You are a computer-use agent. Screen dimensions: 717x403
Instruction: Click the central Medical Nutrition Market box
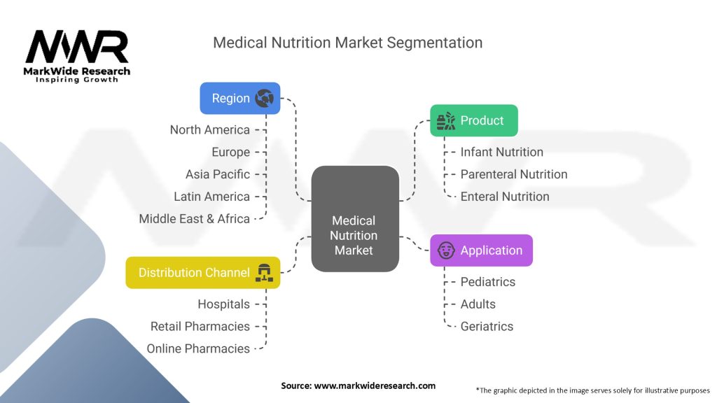(355, 219)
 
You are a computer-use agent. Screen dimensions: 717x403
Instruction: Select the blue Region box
(240, 98)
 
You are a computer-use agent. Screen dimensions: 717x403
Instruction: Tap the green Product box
(473, 120)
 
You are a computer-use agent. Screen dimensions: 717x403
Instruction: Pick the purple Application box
(481, 250)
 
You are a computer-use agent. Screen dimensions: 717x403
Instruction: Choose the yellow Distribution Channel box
(203, 272)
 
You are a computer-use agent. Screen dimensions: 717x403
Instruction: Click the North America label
(209, 130)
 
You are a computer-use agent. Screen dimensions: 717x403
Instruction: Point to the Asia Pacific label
(217, 174)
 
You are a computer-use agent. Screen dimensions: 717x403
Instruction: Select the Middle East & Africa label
(194, 219)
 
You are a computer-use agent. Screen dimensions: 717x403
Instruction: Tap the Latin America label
(211, 197)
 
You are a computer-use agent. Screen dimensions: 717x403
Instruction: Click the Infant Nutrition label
(501, 152)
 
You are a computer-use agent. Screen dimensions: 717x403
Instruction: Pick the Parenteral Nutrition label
(513, 174)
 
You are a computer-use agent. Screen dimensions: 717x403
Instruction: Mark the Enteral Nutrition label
(504, 197)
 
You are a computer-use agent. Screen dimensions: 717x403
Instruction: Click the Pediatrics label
(487, 282)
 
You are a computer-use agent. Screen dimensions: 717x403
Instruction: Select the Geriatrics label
(486, 327)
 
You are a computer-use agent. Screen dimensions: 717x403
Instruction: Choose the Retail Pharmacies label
(200, 327)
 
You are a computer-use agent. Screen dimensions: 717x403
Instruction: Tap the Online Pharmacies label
(198, 348)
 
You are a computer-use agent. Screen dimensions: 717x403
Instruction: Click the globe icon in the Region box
(264, 98)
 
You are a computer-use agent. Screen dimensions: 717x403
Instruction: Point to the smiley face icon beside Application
(446, 250)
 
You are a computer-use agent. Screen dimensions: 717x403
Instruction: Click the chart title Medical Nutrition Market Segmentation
(347, 43)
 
